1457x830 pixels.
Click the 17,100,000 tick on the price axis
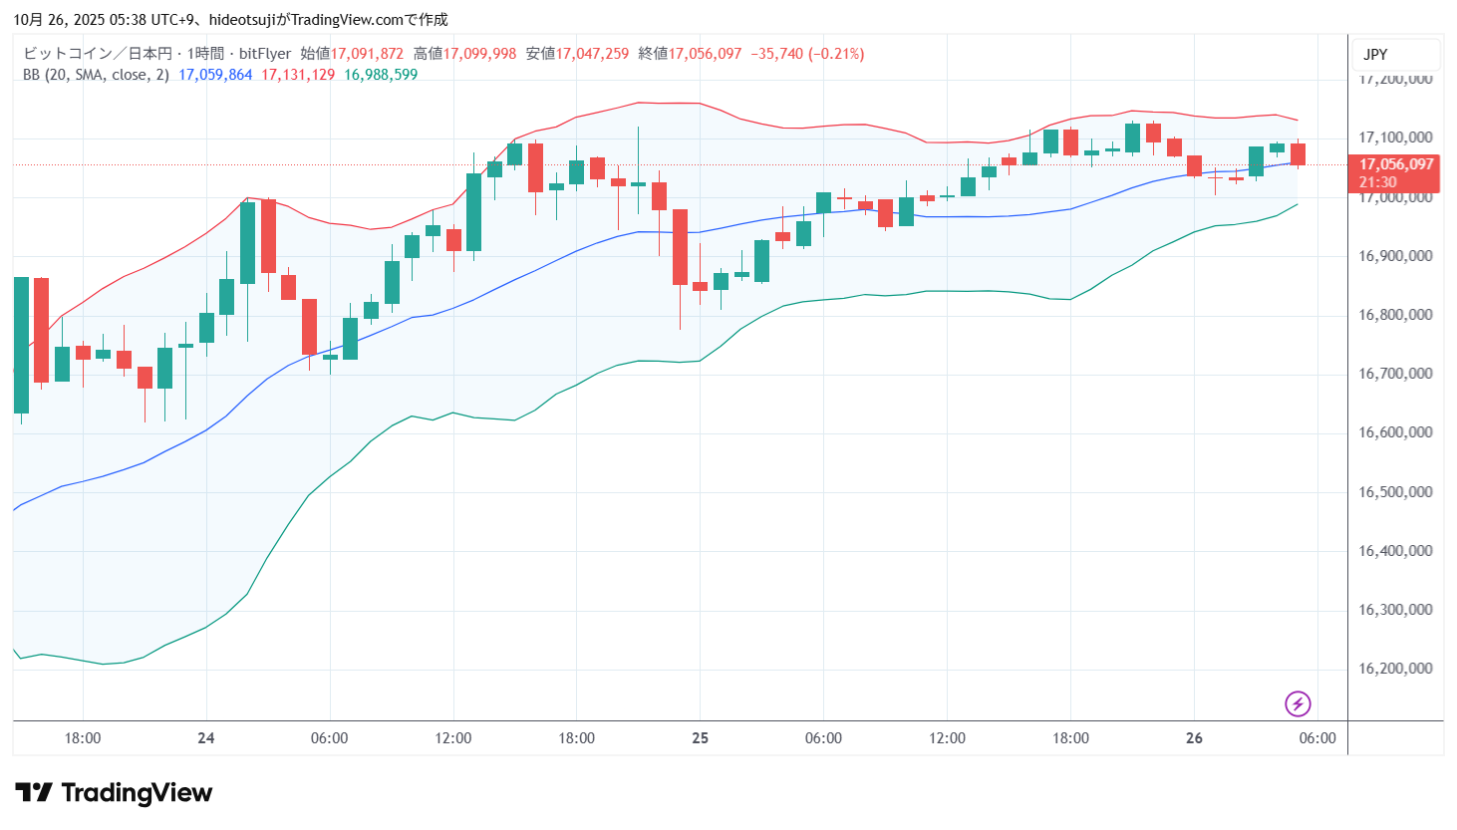pyautogui.click(x=1395, y=138)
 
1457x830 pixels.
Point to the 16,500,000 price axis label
pyautogui.click(x=1395, y=492)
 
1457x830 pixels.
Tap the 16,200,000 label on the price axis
pyautogui.click(x=1395, y=669)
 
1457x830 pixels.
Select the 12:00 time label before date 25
pyautogui.click(x=453, y=738)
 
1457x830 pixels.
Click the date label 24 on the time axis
pyautogui.click(x=206, y=738)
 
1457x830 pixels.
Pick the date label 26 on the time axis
pyautogui.click(x=1194, y=738)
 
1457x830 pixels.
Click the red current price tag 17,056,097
pyautogui.click(x=1395, y=164)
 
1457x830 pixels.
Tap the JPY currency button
pyautogui.click(x=1375, y=55)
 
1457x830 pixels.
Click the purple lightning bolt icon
pyautogui.click(x=1297, y=703)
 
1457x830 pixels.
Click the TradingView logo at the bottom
pyautogui.click(x=114, y=793)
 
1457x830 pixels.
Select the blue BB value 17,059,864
pyautogui.click(x=215, y=75)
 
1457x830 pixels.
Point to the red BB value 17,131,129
pyautogui.click(x=298, y=75)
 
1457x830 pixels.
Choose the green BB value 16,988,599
pyautogui.click(x=381, y=75)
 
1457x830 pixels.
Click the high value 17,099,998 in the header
pyautogui.click(x=479, y=54)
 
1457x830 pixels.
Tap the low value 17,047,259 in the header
pyautogui.click(x=592, y=54)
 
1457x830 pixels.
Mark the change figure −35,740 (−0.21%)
pyautogui.click(x=807, y=54)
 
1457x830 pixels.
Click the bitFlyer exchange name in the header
pyautogui.click(x=265, y=54)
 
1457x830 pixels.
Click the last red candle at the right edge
pyautogui.click(x=1298, y=154)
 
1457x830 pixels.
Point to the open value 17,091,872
pyautogui.click(x=367, y=54)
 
